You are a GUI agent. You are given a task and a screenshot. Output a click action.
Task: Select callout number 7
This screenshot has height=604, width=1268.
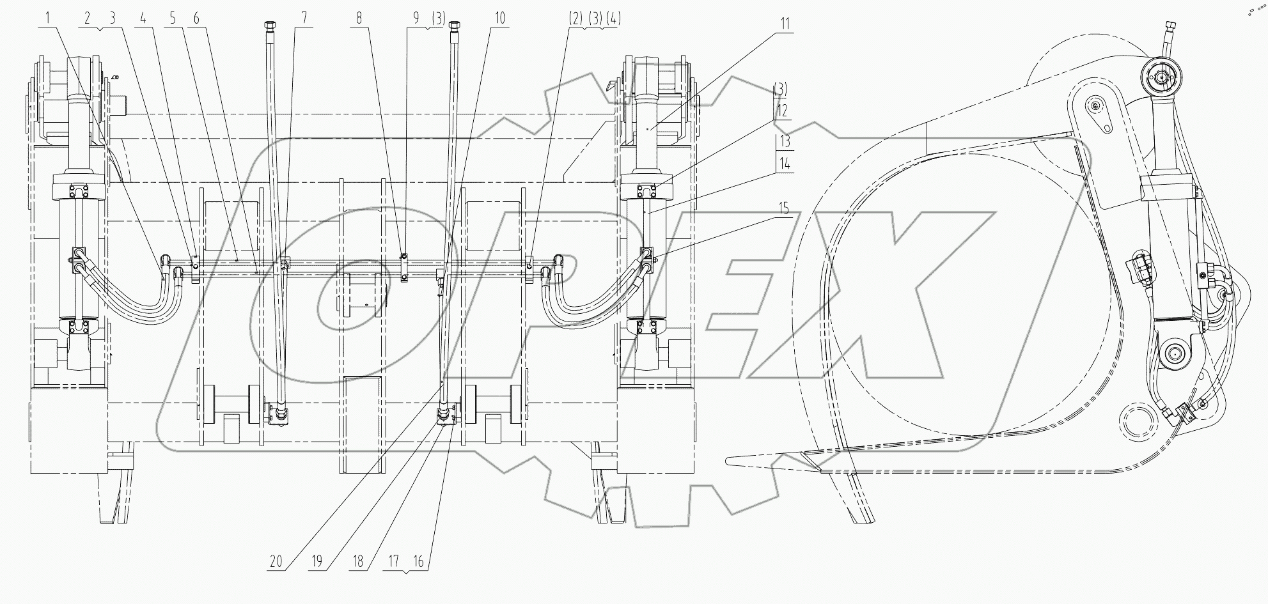coord(304,18)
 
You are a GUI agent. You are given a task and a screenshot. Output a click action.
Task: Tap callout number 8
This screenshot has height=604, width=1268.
coord(359,18)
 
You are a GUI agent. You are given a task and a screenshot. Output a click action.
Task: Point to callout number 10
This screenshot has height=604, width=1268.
coord(499,18)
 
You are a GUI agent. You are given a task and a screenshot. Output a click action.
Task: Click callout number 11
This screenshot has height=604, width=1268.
coord(784,24)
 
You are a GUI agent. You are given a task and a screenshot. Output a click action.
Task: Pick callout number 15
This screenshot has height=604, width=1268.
coord(783,209)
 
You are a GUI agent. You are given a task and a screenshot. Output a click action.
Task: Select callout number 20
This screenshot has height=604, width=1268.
coord(276,562)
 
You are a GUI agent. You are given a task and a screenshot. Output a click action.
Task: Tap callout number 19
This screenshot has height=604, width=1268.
coord(317,562)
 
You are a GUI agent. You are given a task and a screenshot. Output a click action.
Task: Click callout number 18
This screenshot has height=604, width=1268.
coord(358,562)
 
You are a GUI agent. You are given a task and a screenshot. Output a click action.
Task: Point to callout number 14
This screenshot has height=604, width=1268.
coord(784,164)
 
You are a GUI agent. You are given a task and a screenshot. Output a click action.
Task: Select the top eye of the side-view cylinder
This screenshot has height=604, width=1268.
coord(1158,77)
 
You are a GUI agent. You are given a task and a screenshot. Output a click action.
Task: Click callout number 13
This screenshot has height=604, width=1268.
coord(784,141)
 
